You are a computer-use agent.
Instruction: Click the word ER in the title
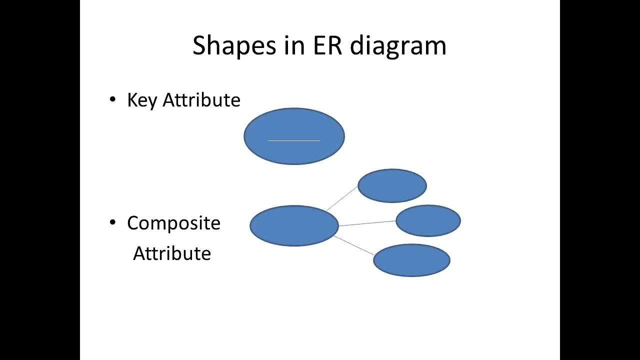[x=327, y=45]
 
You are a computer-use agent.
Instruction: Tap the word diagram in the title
[x=398, y=45]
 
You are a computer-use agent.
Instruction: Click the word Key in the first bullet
[x=142, y=100]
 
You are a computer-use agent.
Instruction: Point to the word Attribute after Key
[x=201, y=100]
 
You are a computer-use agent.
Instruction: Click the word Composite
[x=173, y=223]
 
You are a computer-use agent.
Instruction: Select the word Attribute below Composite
[x=171, y=253]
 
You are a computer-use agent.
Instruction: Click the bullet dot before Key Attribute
[x=112, y=100]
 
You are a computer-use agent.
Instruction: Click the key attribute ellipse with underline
[x=294, y=125]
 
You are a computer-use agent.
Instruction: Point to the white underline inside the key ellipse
[x=294, y=141]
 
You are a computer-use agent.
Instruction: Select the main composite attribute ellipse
[x=294, y=225]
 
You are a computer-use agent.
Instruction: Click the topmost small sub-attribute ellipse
[x=392, y=186]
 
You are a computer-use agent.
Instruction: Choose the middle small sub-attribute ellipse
[x=428, y=220]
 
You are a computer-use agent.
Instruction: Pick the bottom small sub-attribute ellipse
[x=411, y=260]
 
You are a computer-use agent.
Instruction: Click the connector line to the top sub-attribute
[x=342, y=198]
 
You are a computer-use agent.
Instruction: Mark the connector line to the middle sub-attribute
[x=367, y=223]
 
